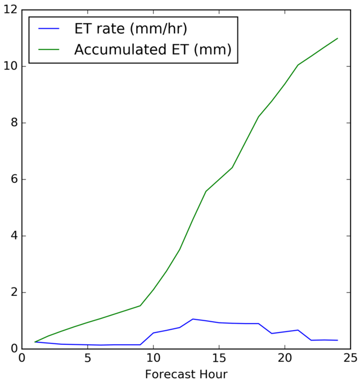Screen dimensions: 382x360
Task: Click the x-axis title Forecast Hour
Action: [x=186, y=374]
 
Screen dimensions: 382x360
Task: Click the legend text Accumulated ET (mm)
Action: [x=152, y=50]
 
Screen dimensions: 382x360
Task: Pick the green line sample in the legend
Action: [x=51, y=50]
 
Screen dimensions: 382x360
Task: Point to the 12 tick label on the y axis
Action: [x=10, y=10]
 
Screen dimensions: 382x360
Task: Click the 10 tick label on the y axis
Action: [x=10, y=66]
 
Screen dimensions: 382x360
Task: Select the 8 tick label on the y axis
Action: [x=13, y=123]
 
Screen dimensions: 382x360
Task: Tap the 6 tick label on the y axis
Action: [x=13, y=179]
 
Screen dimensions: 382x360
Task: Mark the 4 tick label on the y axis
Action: [x=13, y=236]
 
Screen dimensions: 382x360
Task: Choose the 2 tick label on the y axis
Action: [x=13, y=293]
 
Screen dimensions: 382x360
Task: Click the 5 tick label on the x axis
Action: [x=88, y=358]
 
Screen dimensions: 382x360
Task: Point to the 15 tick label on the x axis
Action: [x=219, y=358]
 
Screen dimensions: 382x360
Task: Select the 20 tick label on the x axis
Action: [x=285, y=358]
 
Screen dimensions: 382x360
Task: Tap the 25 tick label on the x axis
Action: [x=351, y=358]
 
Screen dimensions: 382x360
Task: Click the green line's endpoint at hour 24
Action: [x=337, y=38]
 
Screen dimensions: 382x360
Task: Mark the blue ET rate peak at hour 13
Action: [x=193, y=319]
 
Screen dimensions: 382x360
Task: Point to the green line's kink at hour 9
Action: [x=140, y=305]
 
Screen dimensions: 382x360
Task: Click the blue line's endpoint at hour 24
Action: [x=337, y=340]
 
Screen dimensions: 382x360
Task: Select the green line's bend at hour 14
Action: [x=206, y=191]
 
